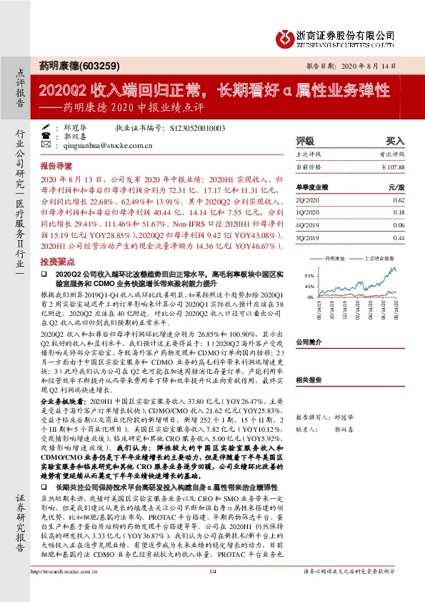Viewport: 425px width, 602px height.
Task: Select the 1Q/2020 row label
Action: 309,212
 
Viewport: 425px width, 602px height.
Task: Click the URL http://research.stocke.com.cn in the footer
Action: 64,591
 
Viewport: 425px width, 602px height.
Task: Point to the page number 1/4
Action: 212,591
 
